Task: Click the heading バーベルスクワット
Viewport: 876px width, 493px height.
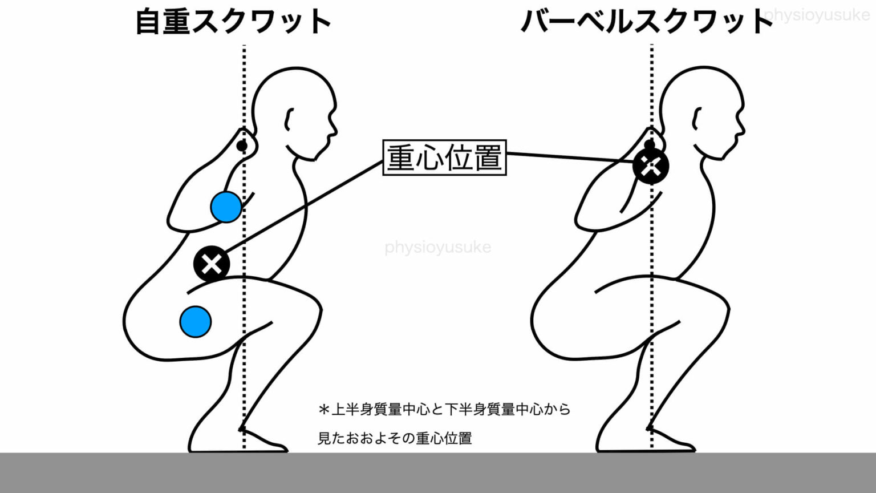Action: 647,22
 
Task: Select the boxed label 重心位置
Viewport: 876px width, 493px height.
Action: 445,157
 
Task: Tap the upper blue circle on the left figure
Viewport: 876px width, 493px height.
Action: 226,207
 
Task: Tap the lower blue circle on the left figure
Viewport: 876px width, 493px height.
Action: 196,322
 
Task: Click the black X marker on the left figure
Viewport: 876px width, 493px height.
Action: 212,264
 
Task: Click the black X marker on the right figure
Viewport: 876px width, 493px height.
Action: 651,166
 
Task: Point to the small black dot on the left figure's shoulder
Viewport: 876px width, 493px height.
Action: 242,146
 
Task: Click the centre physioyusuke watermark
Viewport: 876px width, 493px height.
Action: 438,247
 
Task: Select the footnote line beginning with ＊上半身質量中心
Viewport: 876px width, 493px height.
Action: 445,410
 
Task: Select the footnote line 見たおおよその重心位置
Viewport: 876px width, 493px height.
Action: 395,438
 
